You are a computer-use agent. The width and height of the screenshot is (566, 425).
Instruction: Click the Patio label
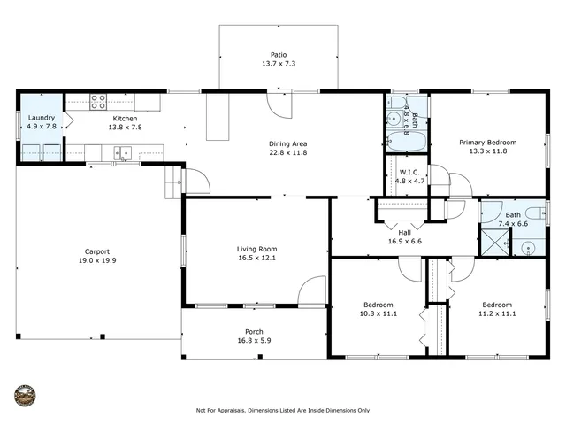click(279, 55)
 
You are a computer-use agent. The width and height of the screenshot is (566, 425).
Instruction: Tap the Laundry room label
click(42, 118)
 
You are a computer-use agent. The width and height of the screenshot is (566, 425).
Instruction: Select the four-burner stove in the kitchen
click(98, 102)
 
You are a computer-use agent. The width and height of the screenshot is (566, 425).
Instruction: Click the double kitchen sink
click(122, 153)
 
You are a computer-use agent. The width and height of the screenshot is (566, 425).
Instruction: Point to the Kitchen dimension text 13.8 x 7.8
click(125, 127)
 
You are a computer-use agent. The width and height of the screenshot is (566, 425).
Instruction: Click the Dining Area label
click(287, 143)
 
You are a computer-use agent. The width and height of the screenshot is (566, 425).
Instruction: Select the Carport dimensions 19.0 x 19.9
click(96, 260)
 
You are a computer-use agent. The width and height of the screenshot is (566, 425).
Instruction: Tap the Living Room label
click(256, 249)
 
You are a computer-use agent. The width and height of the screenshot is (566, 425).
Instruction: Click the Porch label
click(254, 332)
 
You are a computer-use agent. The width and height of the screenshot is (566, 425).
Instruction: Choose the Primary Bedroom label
click(487, 142)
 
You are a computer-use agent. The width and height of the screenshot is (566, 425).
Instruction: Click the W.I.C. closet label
click(408, 172)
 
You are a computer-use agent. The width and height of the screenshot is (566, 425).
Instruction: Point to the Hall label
click(404, 232)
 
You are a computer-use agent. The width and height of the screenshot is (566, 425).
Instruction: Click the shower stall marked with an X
click(494, 242)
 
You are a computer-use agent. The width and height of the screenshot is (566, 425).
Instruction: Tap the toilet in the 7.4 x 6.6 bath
click(535, 212)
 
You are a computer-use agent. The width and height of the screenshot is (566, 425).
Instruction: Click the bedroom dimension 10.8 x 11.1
click(378, 313)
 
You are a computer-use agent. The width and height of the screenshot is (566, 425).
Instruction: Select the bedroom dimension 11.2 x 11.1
click(496, 313)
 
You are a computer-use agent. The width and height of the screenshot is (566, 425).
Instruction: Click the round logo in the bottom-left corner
click(25, 395)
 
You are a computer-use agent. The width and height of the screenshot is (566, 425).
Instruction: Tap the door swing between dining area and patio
click(279, 104)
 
